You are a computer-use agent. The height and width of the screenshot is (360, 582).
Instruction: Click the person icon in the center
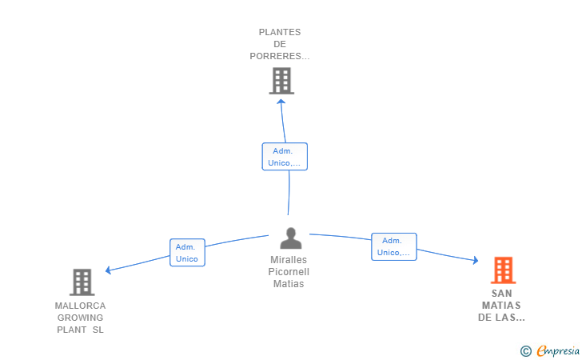point(291,238)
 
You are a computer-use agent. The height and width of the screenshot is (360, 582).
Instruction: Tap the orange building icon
point(504,270)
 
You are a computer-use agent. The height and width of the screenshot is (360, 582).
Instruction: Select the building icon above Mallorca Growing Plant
point(82,282)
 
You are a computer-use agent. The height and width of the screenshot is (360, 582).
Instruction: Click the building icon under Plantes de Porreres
point(281,81)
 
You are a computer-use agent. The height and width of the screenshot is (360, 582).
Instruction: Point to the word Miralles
point(289,260)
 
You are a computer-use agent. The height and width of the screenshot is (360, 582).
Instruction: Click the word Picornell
point(289,271)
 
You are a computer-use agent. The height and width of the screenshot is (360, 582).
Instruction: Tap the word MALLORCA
point(80,306)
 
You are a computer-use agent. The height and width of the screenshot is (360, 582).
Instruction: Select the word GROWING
point(80,318)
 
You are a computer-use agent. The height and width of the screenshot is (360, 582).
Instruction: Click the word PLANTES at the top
point(280,32)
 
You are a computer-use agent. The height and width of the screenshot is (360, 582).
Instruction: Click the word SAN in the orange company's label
point(502,294)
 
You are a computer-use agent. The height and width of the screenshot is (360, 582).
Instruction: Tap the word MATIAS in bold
point(501,306)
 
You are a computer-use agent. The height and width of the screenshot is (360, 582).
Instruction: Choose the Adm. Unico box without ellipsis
point(187,253)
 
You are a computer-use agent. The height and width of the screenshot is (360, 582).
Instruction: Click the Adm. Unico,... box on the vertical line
point(285,157)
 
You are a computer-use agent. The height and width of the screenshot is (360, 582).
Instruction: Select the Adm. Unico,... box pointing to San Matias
point(394,246)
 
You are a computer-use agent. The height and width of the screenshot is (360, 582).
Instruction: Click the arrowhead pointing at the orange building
point(476,260)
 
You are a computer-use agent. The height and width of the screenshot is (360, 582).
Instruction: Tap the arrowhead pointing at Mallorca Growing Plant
point(109,270)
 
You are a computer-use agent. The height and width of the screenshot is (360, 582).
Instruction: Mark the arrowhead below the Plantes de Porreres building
point(281,102)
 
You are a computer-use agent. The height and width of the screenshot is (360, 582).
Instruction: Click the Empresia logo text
point(558,350)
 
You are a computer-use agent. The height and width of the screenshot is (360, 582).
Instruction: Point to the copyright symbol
point(526,351)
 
